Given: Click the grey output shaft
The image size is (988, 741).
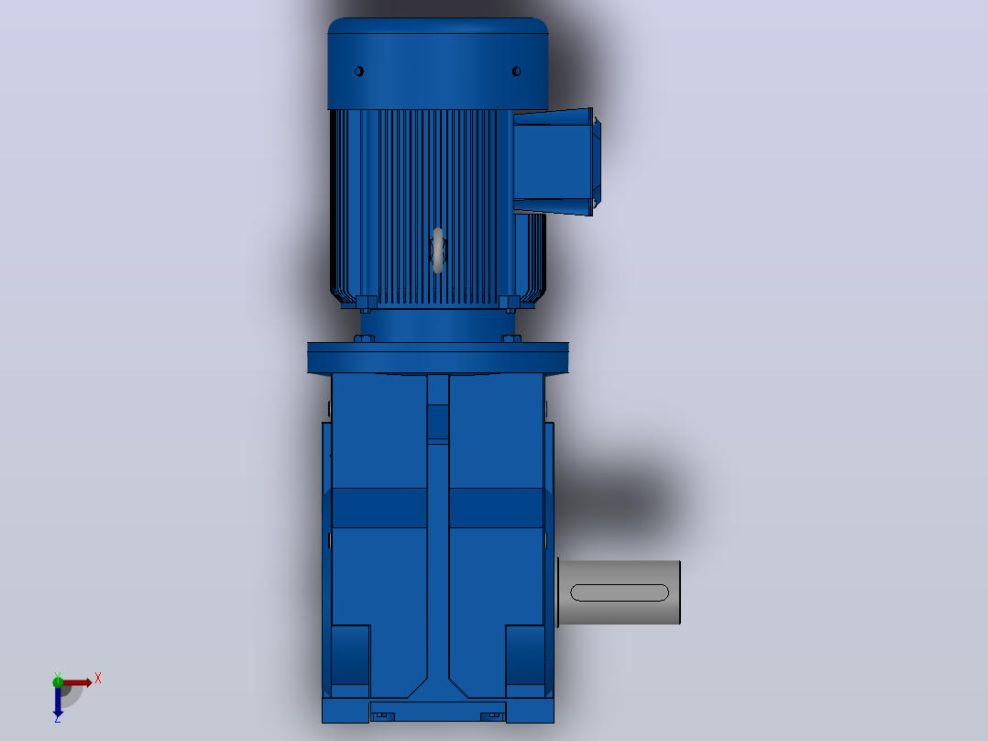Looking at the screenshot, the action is click(x=619, y=592).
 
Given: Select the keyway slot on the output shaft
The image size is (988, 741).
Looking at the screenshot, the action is click(x=620, y=592).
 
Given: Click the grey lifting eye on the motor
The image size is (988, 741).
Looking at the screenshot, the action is click(x=438, y=250).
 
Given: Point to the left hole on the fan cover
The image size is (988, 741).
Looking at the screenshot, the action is click(x=359, y=72).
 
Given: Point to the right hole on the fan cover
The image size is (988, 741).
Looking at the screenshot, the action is click(x=517, y=72).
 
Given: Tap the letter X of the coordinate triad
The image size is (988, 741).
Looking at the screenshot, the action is click(x=98, y=679).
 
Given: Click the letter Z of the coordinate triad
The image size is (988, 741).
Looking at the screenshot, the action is click(x=58, y=718).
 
